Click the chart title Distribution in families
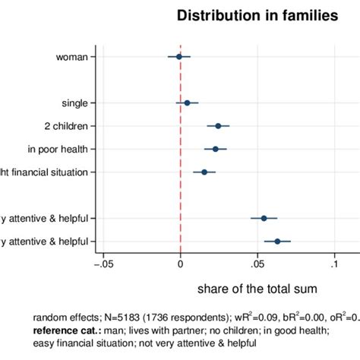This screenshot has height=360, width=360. tap(257, 15)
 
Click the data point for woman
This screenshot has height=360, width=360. tap(179, 56)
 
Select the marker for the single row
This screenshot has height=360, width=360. tap(187, 103)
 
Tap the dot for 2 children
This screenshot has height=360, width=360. tap(218, 126)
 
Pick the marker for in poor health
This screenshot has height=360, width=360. tap(215, 149)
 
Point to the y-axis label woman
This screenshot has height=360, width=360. tap(75, 56)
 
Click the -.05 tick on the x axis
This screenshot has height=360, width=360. tap(101, 265)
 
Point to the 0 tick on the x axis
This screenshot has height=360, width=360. tap(180, 265)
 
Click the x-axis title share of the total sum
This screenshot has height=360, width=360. tap(257, 289)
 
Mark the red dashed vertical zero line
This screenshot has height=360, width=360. tap(180, 190)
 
